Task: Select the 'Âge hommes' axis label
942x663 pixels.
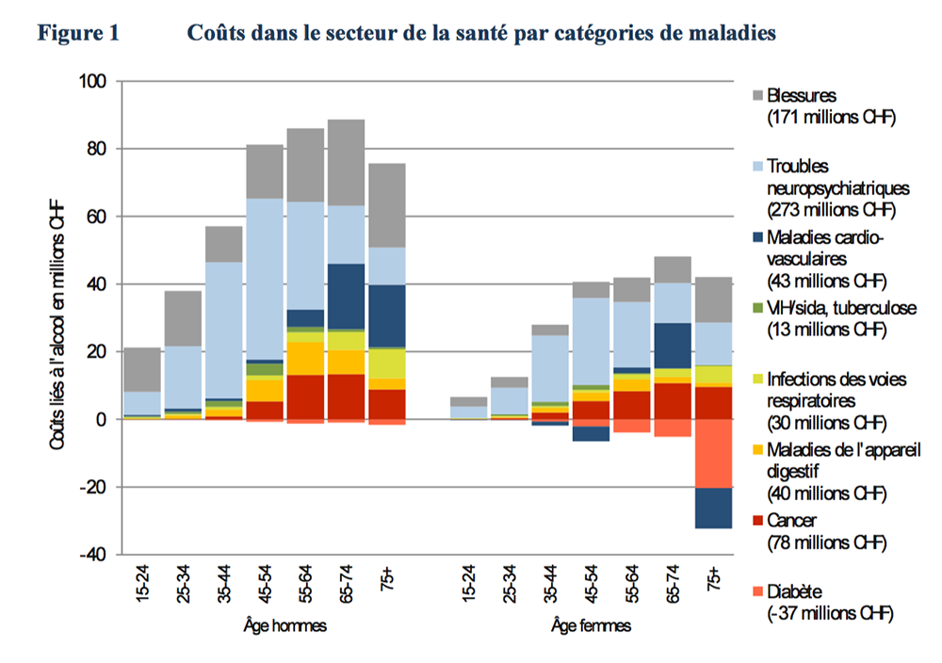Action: point(281,625)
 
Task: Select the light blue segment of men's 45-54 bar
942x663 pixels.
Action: point(266,279)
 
